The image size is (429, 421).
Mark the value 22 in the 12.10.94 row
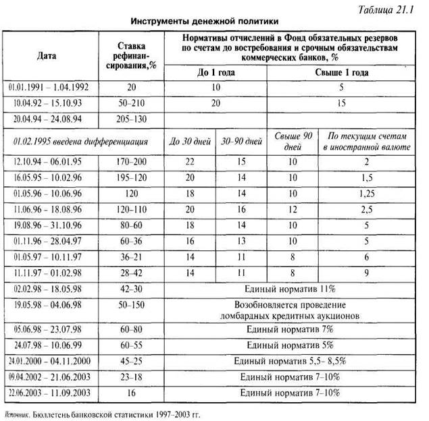tap(191, 163)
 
